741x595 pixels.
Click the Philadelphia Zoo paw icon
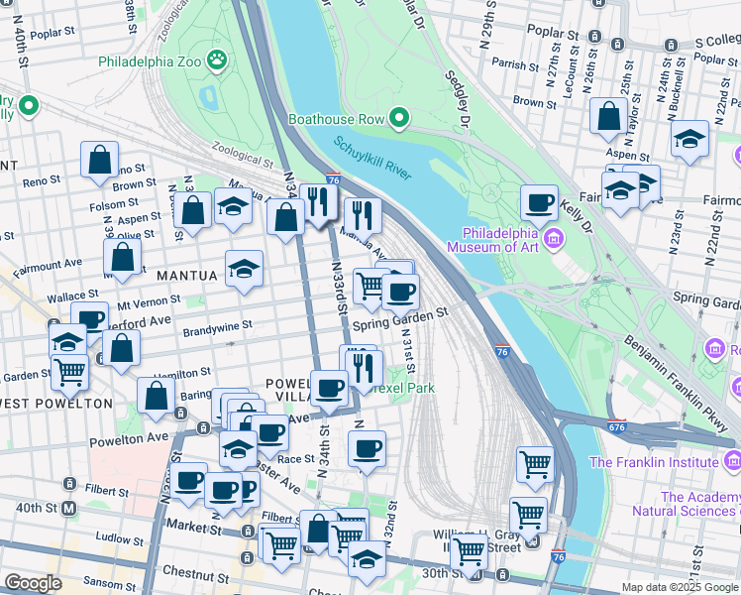coord(217,61)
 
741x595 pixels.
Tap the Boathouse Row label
coord(335,119)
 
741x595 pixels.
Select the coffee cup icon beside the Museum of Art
coord(539,202)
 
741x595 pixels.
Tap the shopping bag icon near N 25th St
coord(605,115)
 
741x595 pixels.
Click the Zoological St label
coord(241,159)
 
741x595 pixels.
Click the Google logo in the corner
coord(34,583)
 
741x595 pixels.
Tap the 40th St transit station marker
coord(68,509)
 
